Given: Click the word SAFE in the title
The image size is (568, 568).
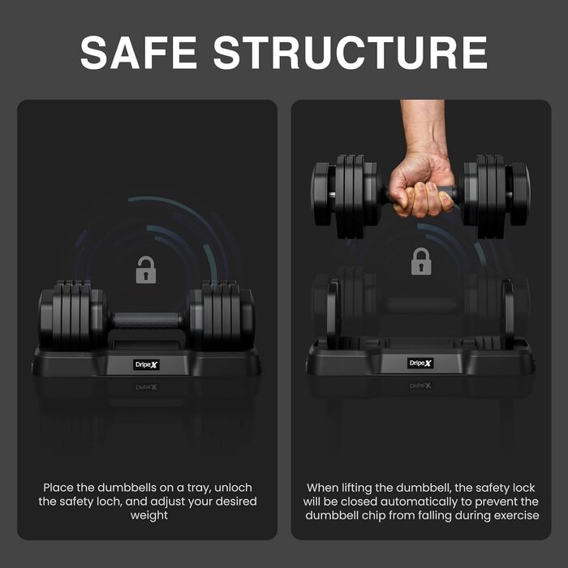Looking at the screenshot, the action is pyautogui.click(x=139, y=52).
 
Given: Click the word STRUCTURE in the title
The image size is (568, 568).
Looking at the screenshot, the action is pyautogui.click(x=351, y=52).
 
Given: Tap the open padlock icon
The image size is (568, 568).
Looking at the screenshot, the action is pyautogui.click(x=146, y=269).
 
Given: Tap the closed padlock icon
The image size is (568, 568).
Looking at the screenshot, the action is pyautogui.click(x=421, y=261).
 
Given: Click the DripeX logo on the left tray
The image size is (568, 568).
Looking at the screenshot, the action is pyautogui.click(x=146, y=364).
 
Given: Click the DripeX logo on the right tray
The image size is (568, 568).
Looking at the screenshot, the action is pyautogui.click(x=420, y=363).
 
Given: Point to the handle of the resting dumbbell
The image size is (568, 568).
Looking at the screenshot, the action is pyautogui.click(x=148, y=321).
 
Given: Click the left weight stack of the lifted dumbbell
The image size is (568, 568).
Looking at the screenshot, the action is pyautogui.click(x=345, y=196).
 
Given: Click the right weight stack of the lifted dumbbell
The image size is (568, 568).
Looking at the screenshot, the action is pyautogui.click(x=497, y=196).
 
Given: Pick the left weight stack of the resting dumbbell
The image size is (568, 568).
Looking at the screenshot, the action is pyautogui.click(x=72, y=315).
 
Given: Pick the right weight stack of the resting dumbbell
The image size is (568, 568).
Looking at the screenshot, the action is pyautogui.click(x=221, y=315).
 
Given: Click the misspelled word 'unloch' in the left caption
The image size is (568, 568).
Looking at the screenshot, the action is pyautogui.click(x=233, y=488).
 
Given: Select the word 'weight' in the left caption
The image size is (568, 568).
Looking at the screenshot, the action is pyautogui.click(x=148, y=515).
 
